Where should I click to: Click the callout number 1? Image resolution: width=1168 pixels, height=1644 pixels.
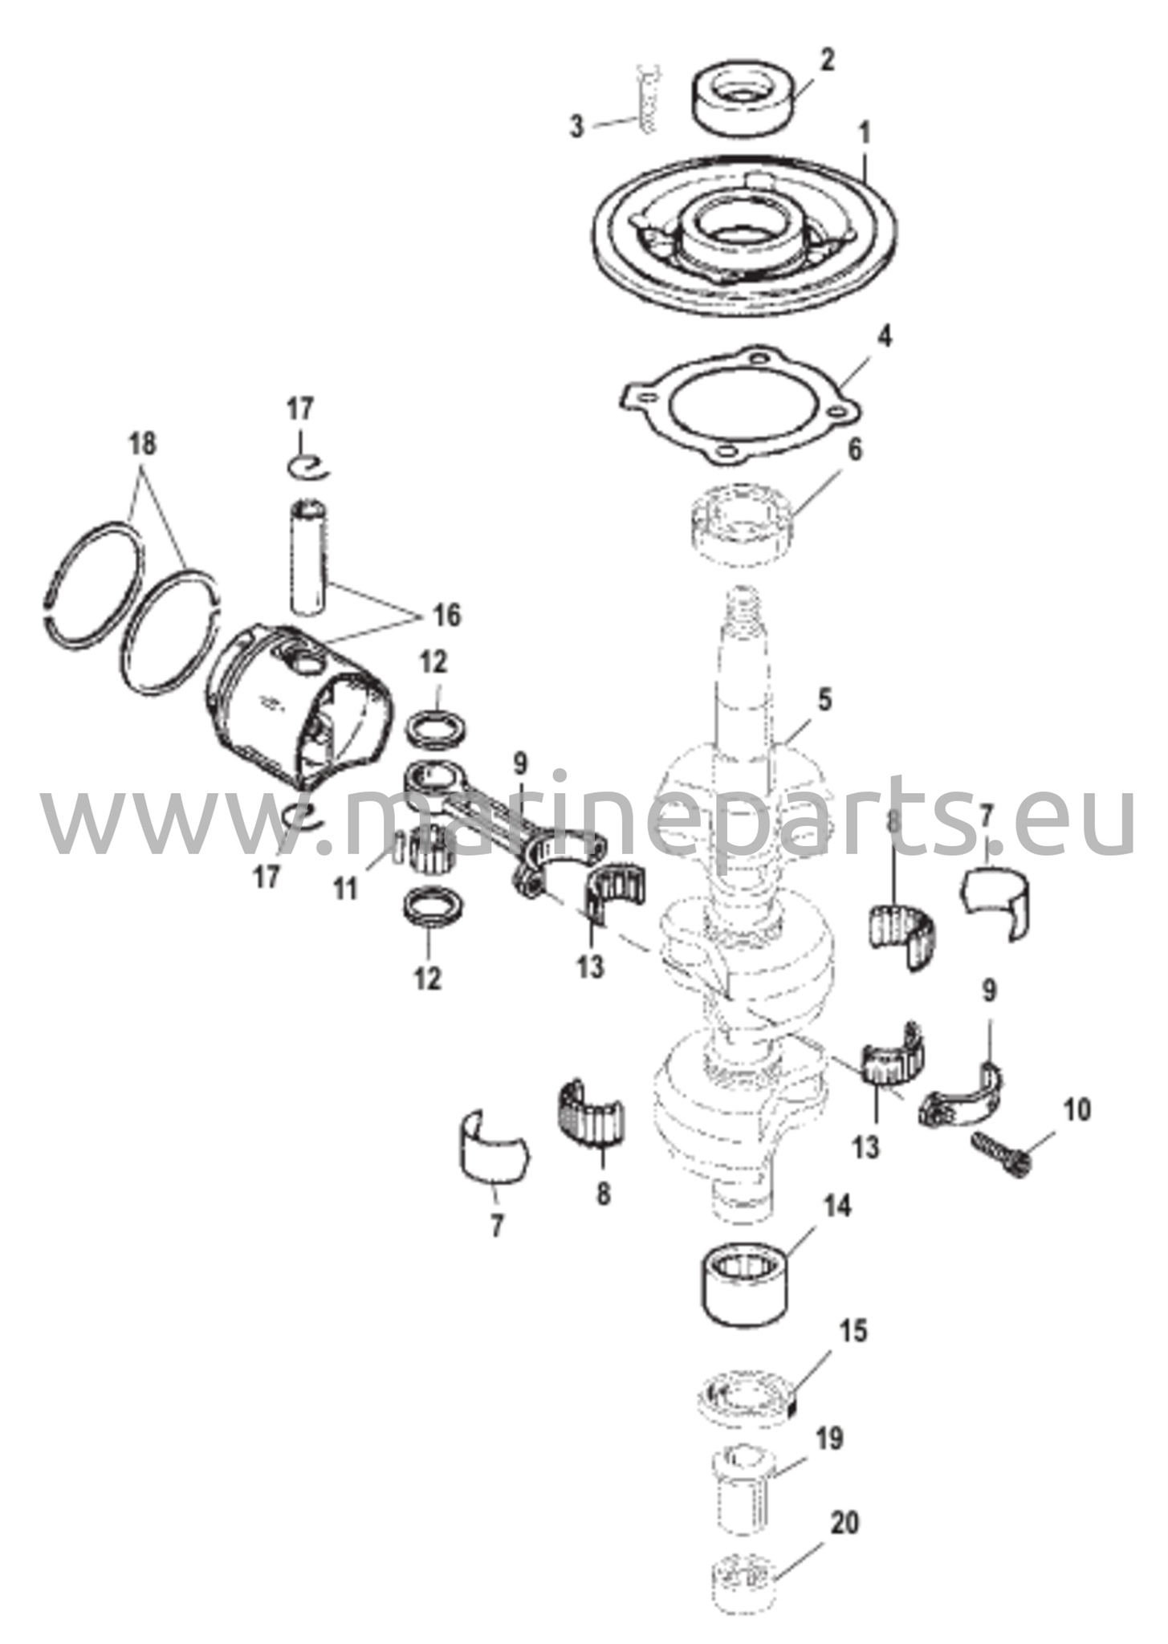865,134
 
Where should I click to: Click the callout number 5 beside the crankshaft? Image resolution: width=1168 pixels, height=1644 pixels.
825,699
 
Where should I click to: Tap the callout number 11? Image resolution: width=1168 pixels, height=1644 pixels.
346,889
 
